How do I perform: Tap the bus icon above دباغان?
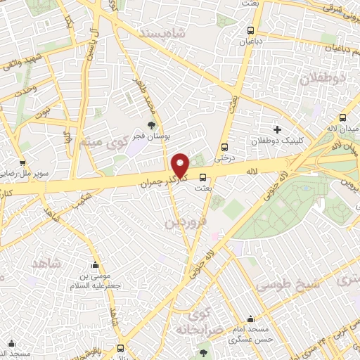pos(251,30)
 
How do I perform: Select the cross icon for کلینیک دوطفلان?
pos(277,129)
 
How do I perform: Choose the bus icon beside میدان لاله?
pos(343,119)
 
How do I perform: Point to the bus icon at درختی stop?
pos(224,147)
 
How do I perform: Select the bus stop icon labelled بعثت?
pos(202,177)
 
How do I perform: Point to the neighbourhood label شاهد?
pos(47,263)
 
